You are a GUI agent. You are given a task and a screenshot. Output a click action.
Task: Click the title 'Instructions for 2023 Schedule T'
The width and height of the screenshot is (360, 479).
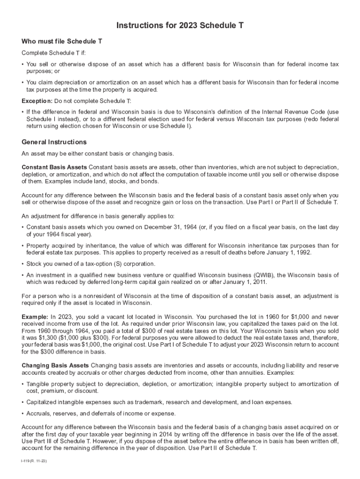pos(180,25)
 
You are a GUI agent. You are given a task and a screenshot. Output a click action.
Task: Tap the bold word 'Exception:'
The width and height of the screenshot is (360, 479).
pos(37,101)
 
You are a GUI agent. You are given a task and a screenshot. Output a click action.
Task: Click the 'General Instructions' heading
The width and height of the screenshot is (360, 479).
pos(54,142)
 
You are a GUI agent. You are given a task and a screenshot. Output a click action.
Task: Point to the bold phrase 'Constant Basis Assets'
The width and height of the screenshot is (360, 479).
pos(54,167)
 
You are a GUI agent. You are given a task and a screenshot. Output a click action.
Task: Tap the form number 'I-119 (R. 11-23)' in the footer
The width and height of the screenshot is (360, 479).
pos(34,461)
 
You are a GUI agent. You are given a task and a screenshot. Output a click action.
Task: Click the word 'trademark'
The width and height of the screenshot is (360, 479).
pos(156,402)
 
